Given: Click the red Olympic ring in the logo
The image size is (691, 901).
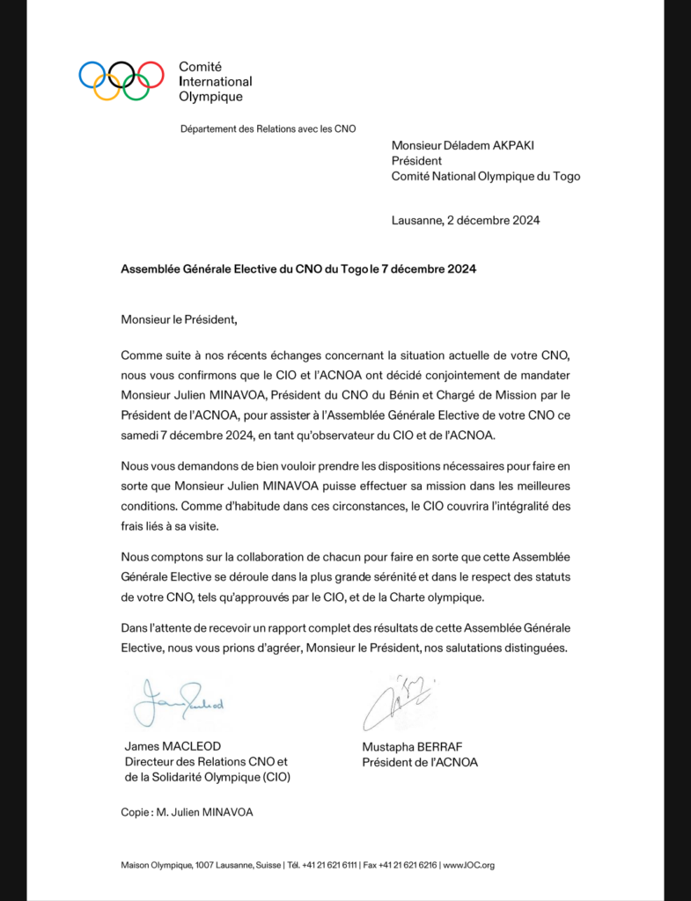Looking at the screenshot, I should tap(151, 73).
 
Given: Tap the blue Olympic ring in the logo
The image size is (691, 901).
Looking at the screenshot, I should tap(92, 73).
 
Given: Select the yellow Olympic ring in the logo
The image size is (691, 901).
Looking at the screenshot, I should tap(107, 87).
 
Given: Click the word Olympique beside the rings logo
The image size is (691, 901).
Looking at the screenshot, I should tap(210, 97).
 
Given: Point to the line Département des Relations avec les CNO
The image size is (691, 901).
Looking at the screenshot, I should tap(268, 128).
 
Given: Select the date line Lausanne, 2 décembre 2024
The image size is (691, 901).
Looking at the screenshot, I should tap(466, 220).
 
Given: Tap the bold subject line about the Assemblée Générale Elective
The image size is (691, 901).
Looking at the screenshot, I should tap(298, 269).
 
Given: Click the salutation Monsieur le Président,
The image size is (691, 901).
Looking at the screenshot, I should tap(180, 319).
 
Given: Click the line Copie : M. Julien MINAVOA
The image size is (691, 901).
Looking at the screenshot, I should tap(187, 812).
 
